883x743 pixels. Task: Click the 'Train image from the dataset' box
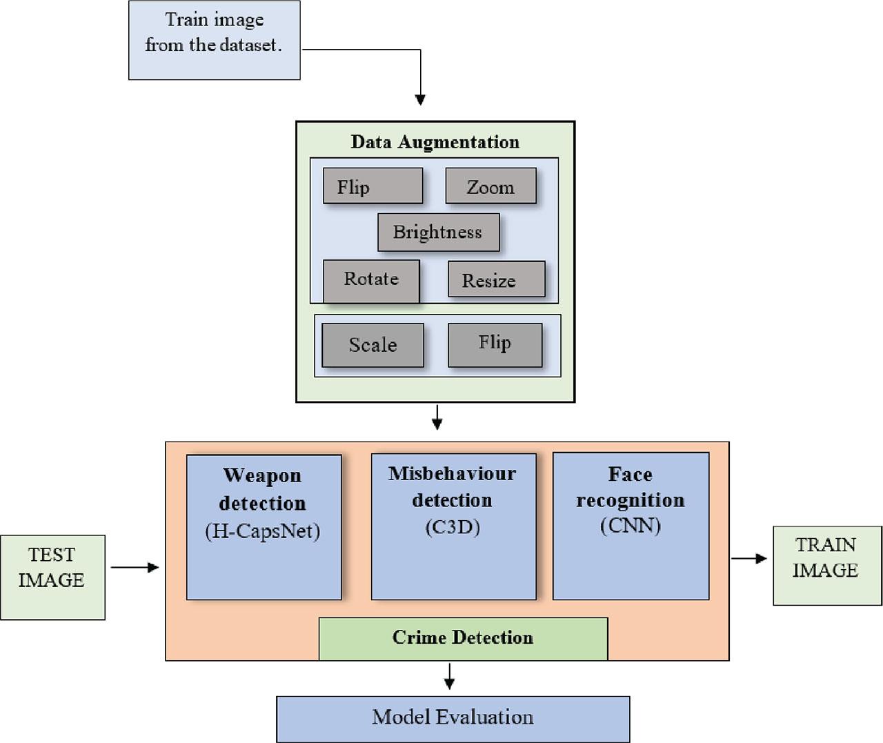pos(214,40)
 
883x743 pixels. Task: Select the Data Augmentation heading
pos(435,142)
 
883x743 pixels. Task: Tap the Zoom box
pos(490,186)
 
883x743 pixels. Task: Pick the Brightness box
pos(438,232)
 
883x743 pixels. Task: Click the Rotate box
pos(371,280)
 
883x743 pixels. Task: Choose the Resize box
pos(496,279)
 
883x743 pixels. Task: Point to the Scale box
pos(373,345)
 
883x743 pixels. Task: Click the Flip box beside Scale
pos(495,345)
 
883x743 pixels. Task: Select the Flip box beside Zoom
pos(373,186)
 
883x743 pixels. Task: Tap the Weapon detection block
pos(264,527)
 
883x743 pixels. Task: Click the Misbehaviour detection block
pos(453,527)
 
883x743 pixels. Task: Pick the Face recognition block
pos(631,526)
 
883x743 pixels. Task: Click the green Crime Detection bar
pos(463,638)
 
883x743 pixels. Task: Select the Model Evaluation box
pos(453,718)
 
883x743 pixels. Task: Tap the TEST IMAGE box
pos(52,577)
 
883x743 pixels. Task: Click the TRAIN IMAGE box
pos(827,566)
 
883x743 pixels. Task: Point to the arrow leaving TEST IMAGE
pos(135,568)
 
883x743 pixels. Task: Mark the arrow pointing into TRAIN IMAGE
pos(749,558)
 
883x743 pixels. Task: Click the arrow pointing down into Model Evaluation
pos(450,676)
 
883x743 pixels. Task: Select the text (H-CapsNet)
pos(263,531)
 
